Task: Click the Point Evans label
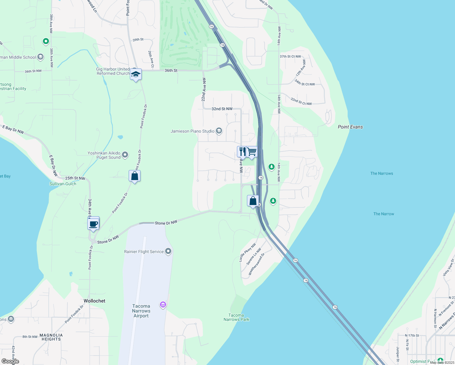(x=350, y=127)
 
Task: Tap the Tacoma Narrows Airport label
(x=141, y=311)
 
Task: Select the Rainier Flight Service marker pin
(x=168, y=251)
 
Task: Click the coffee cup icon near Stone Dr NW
(x=93, y=224)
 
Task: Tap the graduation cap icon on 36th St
(x=136, y=74)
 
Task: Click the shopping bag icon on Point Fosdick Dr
(x=134, y=176)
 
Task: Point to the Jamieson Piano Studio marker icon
(x=219, y=131)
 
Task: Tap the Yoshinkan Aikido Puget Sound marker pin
(x=125, y=155)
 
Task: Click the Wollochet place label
(x=94, y=301)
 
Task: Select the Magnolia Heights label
(x=51, y=337)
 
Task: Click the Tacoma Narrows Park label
(x=236, y=317)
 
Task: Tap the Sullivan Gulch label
(x=63, y=184)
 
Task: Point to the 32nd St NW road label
(x=222, y=109)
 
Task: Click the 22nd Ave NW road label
(x=203, y=89)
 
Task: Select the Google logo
(x=10, y=361)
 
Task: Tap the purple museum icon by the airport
(x=163, y=304)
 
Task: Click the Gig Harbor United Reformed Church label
(x=113, y=71)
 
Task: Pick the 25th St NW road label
(x=75, y=178)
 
